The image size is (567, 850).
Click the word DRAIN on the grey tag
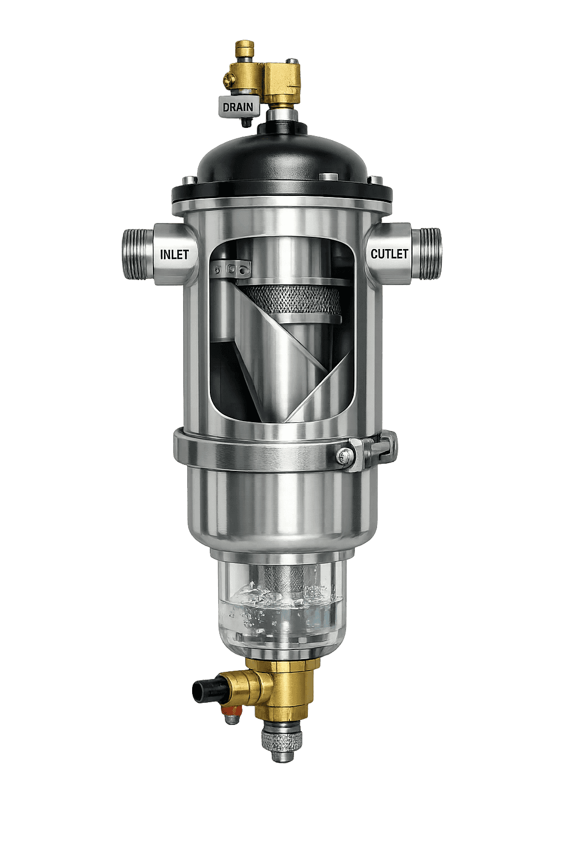pos(238,107)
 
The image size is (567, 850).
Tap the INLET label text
pos(174,255)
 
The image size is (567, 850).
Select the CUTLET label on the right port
pos(389,254)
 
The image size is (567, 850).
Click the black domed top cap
pos(282,155)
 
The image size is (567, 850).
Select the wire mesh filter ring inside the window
pos(291,299)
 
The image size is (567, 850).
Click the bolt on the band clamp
pos(344,455)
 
